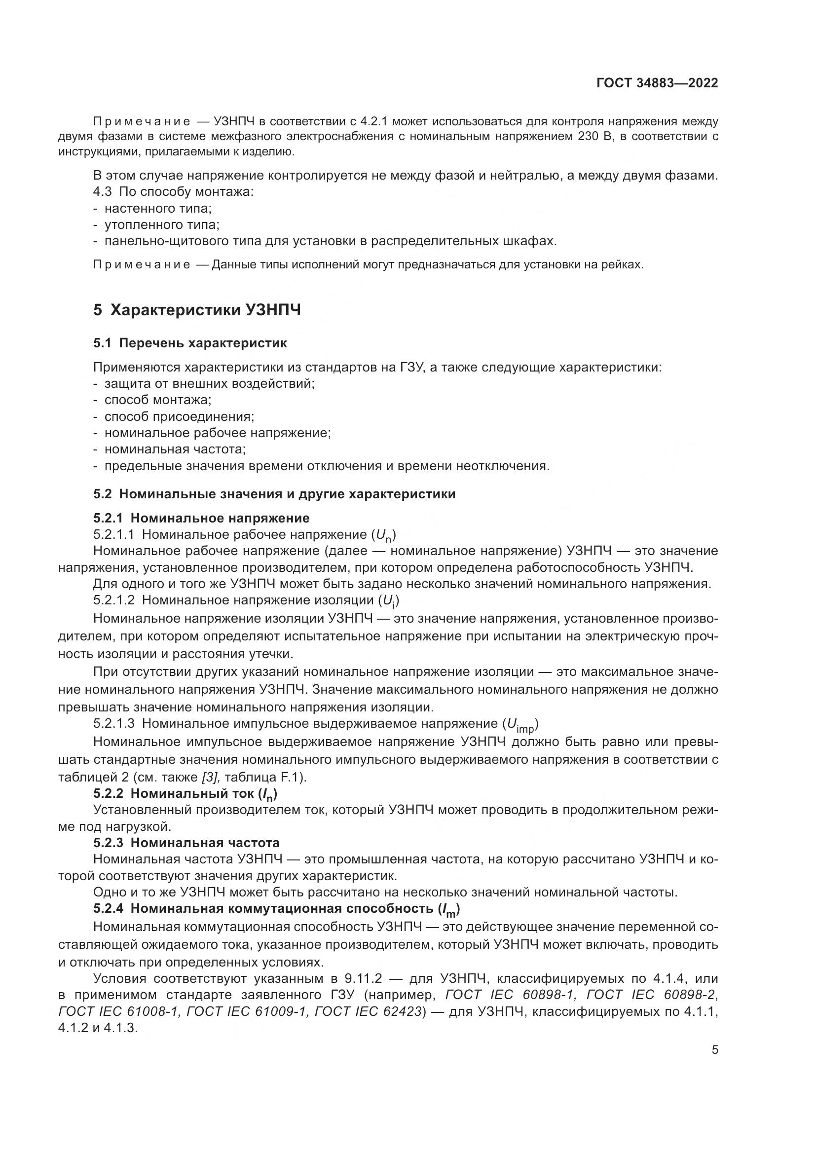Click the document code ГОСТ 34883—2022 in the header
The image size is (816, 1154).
pos(657,83)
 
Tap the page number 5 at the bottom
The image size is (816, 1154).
pos(715,1050)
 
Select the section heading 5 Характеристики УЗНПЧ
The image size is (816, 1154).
pos(197,310)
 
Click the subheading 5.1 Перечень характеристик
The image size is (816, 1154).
pos(190,343)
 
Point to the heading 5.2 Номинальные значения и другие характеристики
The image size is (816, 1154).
pos(274,493)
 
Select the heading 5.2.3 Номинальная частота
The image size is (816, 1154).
pos(186,842)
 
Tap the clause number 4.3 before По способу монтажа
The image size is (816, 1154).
pos(102,191)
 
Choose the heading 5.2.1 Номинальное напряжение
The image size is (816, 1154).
pos(201,518)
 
